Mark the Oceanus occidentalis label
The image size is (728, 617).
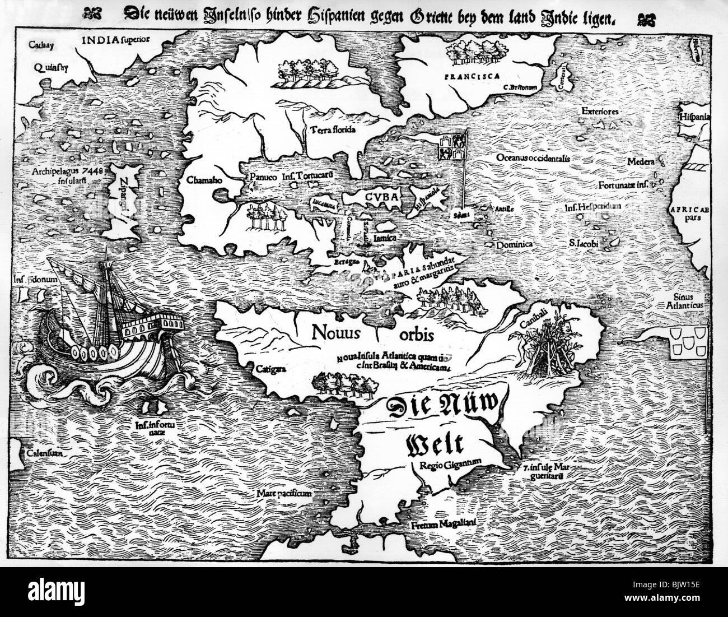pyautogui.click(x=533, y=158)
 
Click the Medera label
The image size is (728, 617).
pyautogui.click(x=641, y=162)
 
